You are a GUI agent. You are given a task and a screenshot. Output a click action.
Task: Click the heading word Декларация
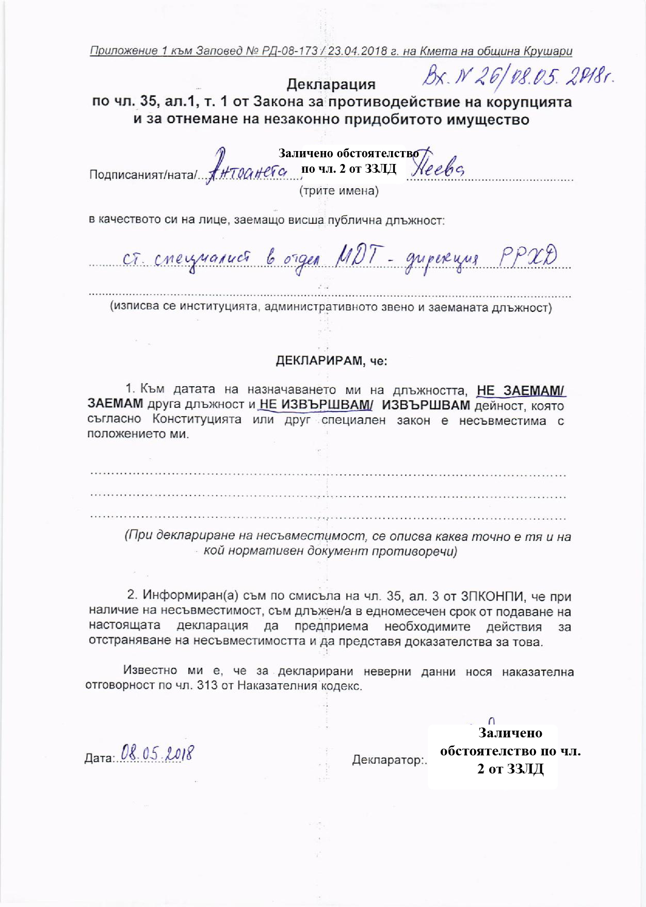(x=331, y=84)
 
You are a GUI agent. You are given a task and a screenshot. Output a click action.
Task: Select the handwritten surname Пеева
(x=438, y=167)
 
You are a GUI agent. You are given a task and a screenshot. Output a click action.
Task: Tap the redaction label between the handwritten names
(x=349, y=161)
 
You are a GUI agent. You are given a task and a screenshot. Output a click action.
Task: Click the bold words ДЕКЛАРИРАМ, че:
(x=331, y=360)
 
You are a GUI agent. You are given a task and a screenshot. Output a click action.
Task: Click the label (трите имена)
(x=339, y=191)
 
